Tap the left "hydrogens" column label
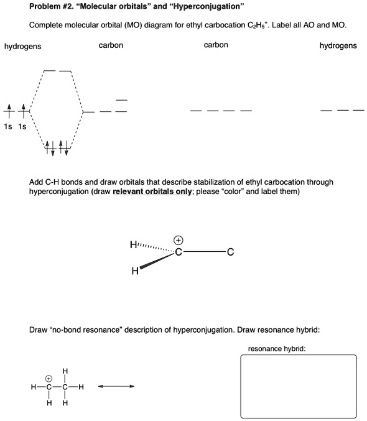[23, 47]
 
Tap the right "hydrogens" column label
[338, 46]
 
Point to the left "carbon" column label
[111, 46]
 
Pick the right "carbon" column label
[215, 45]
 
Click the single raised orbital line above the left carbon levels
[121, 100]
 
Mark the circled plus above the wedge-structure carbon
[178, 239]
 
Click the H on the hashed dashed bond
[133, 245]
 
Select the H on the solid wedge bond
[134, 271]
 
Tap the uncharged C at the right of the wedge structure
[230, 252]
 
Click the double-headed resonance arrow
[116, 387]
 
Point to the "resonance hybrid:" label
[276, 349]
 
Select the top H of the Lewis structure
[65, 372]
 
